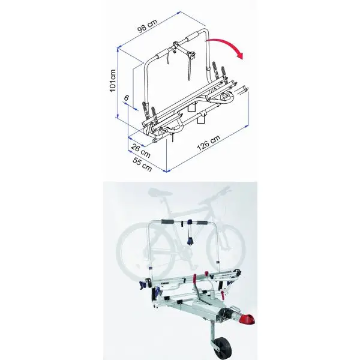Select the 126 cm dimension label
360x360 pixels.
click(x=206, y=139)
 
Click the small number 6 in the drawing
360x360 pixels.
click(x=127, y=97)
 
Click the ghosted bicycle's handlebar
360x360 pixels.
click(x=221, y=192)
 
